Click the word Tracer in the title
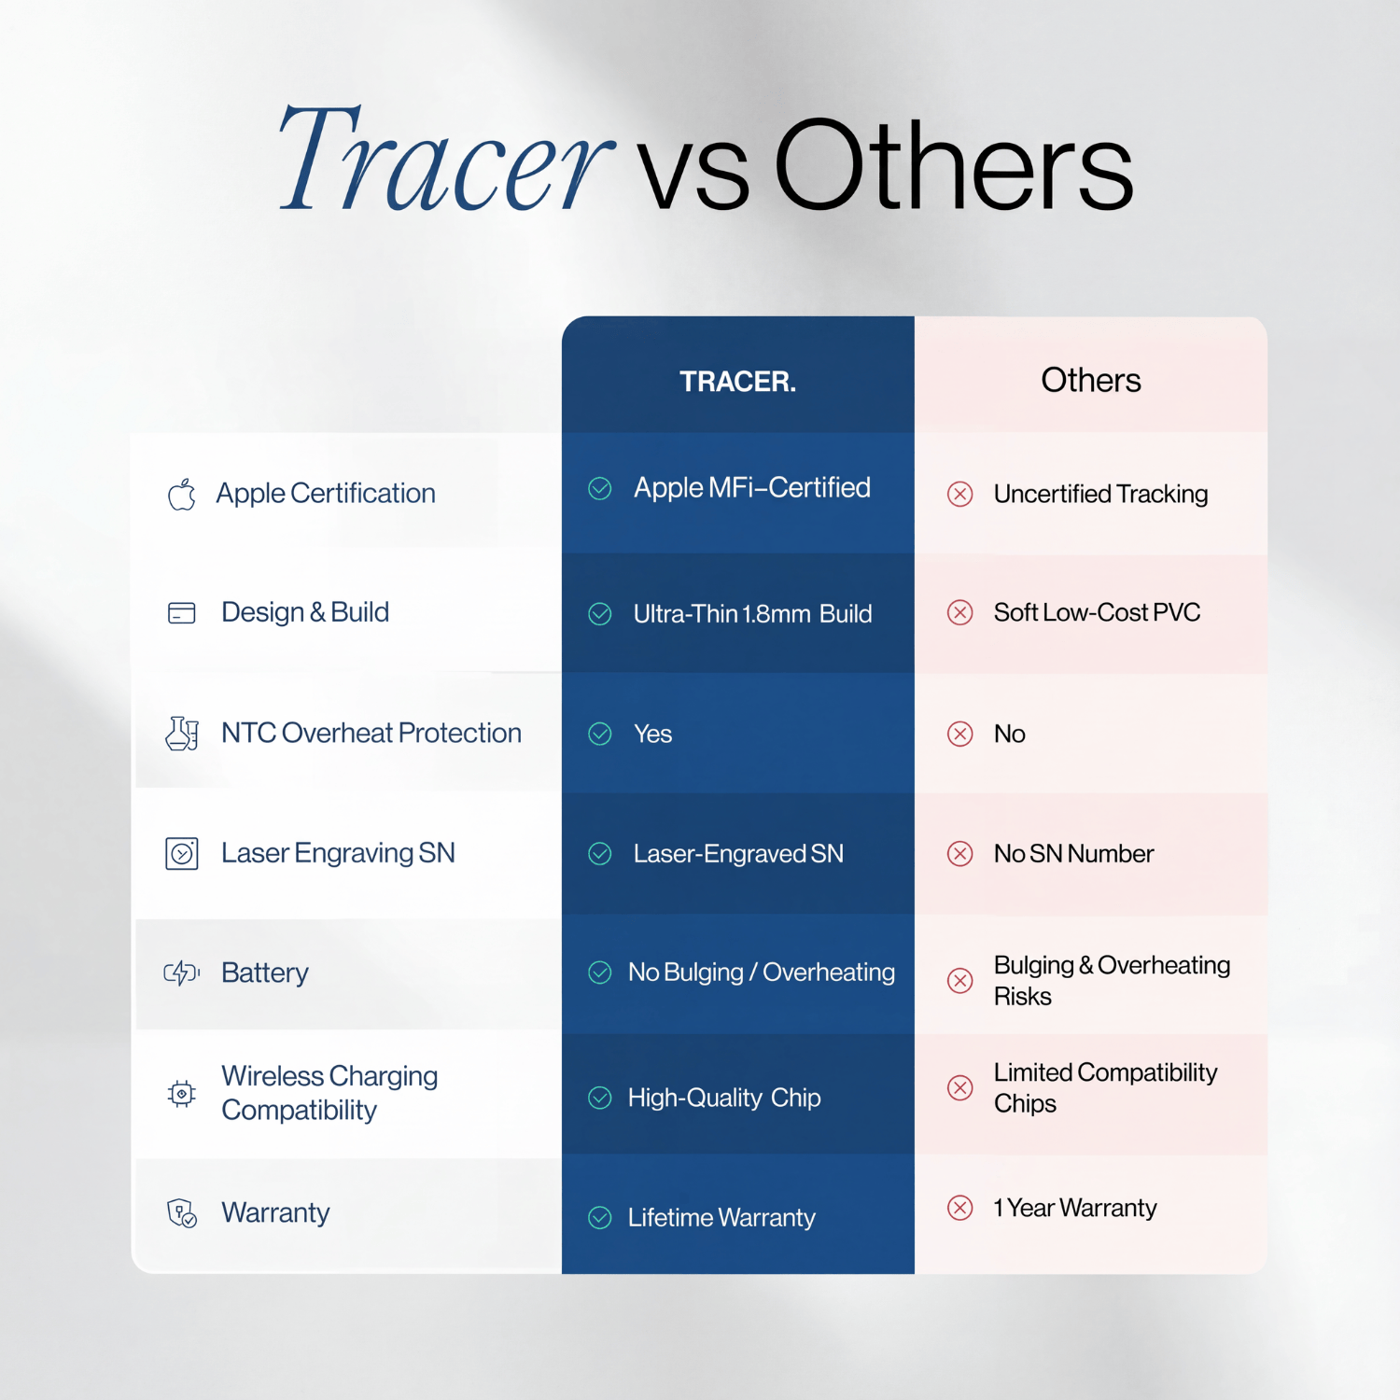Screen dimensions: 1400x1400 click(446, 159)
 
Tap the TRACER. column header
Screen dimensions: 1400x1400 click(737, 382)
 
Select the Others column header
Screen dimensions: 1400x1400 click(1090, 381)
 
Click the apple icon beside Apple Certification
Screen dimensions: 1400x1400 click(182, 494)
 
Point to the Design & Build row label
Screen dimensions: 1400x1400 click(305, 612)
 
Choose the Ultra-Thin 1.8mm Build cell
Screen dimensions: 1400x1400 click(752, 614)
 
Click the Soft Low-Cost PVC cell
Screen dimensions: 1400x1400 click(1097, 612)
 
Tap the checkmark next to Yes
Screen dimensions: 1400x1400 click(600, 734)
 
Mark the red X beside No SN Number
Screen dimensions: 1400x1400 click(960, 853)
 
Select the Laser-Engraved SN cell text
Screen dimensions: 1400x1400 click(738, 854)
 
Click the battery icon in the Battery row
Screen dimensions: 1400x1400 click(182, 973)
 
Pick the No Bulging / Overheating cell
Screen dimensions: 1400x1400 click(762, 973)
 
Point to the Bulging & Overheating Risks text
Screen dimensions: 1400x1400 click(1112, 980)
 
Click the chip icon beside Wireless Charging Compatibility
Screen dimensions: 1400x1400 click(182, 1093)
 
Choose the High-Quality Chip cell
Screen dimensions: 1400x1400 click(724, 1098)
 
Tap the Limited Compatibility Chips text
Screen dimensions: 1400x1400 click(1105, 1087)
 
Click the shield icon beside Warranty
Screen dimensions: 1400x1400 click(182, 1213)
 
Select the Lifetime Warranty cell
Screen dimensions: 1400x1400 click(721, 1218)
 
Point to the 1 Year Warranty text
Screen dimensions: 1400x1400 click(1074, 1208)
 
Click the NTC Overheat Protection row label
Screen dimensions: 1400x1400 click(371, 733)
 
